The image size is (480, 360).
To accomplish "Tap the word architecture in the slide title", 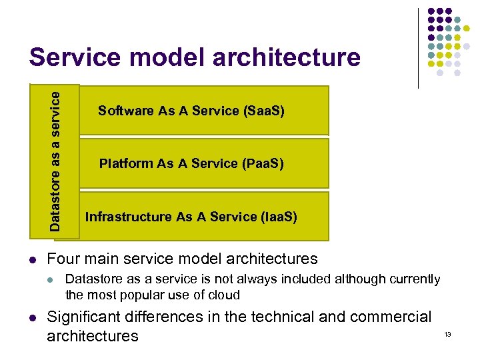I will tap(286, 58).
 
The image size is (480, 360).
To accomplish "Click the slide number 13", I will tap(447, 334).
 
